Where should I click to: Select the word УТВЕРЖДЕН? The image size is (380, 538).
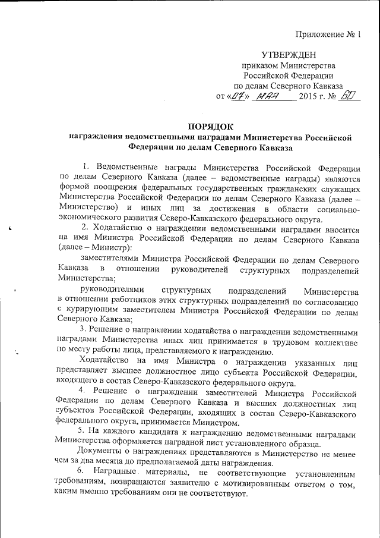287,55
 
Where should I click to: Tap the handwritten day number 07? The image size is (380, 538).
237,96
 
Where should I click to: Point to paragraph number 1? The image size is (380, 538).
85,165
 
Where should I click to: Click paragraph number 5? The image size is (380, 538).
83,430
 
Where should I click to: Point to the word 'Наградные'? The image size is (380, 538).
117,471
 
